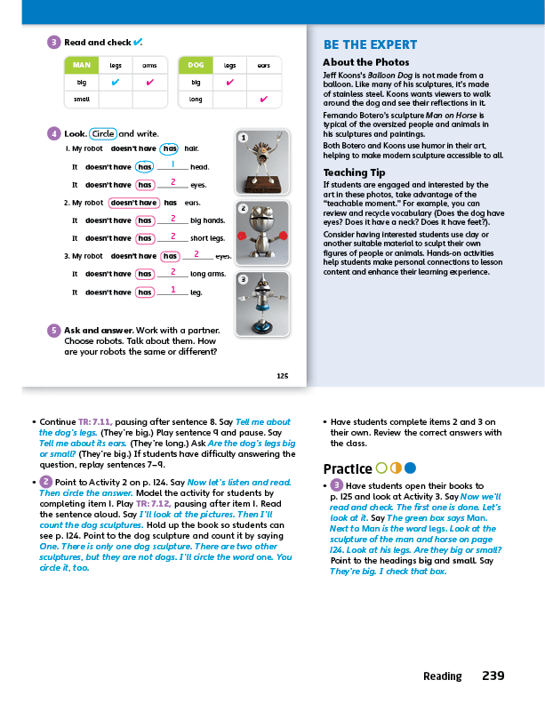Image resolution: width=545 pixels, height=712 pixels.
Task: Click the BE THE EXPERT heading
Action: click(x=370, y=45)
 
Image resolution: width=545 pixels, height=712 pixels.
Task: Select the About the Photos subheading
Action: click(x=361, y=62)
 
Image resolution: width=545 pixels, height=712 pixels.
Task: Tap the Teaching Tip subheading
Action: click(x=354, y=172)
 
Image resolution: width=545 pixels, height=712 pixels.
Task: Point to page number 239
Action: click(x=493, y=676)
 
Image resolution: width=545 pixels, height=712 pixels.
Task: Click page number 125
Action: click(x=282, y=376)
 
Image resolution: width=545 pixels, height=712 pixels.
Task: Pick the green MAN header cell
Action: click(x=81, y=65)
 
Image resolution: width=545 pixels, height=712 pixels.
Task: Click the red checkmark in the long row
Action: click(x=264, y=99)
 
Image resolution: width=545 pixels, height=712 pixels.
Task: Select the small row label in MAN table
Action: click(x=82, y=99)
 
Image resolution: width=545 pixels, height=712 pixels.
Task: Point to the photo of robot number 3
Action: click(x=263, y=305)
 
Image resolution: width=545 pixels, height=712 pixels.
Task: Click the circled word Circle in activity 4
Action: click(x=103, y=133)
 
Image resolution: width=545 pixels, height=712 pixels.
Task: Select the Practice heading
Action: click(x=347, y=468)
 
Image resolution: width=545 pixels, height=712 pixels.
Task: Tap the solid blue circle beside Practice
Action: click(x=410, y=468)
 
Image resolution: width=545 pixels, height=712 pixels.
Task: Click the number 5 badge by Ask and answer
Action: click(x=54, y=330)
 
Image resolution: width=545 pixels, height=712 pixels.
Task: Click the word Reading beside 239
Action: click(x=442, y=676)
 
